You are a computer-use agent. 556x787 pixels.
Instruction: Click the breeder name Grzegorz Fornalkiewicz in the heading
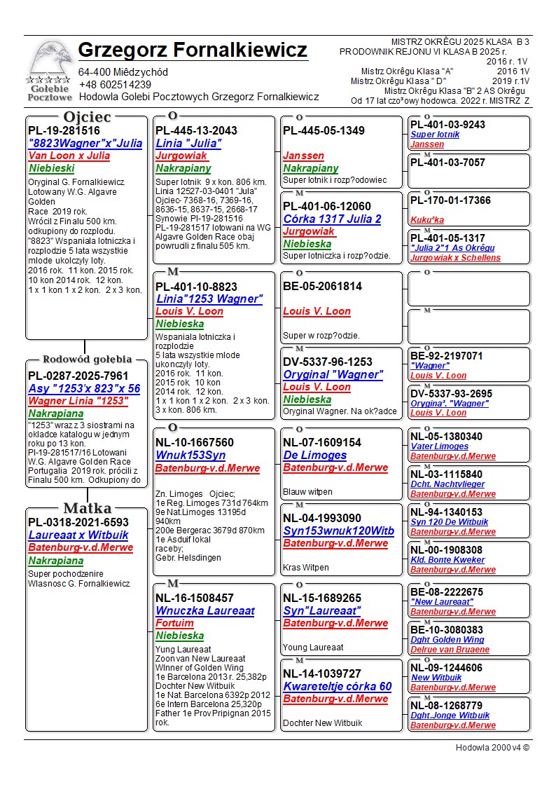point(193,50)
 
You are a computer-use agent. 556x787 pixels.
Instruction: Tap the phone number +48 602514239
point(115,85)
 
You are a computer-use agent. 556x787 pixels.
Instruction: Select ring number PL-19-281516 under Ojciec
point(64,130)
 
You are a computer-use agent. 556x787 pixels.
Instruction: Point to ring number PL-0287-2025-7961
point(78,376)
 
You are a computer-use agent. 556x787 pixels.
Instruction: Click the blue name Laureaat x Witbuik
point(78,535)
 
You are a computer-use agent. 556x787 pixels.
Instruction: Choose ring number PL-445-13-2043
point(196,130)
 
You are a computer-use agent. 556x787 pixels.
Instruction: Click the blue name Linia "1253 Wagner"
point(209,299)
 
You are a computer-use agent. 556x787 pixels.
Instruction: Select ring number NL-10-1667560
point(195,443)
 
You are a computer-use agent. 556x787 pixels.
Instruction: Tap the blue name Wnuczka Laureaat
point(205,611)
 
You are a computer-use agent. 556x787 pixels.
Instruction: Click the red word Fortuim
point(174,623)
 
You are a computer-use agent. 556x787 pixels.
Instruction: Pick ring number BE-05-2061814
point(322,286)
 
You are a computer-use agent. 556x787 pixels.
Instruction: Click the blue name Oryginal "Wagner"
point(333,374)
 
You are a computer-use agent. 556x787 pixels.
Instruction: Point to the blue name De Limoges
point(314,456)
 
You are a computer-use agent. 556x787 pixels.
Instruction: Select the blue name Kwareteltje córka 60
point(337,687)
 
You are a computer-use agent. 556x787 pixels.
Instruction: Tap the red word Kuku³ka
point(427,219)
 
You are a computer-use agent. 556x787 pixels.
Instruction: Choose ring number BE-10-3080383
point(447,630)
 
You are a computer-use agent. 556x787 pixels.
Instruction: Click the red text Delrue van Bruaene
point(450,650)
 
